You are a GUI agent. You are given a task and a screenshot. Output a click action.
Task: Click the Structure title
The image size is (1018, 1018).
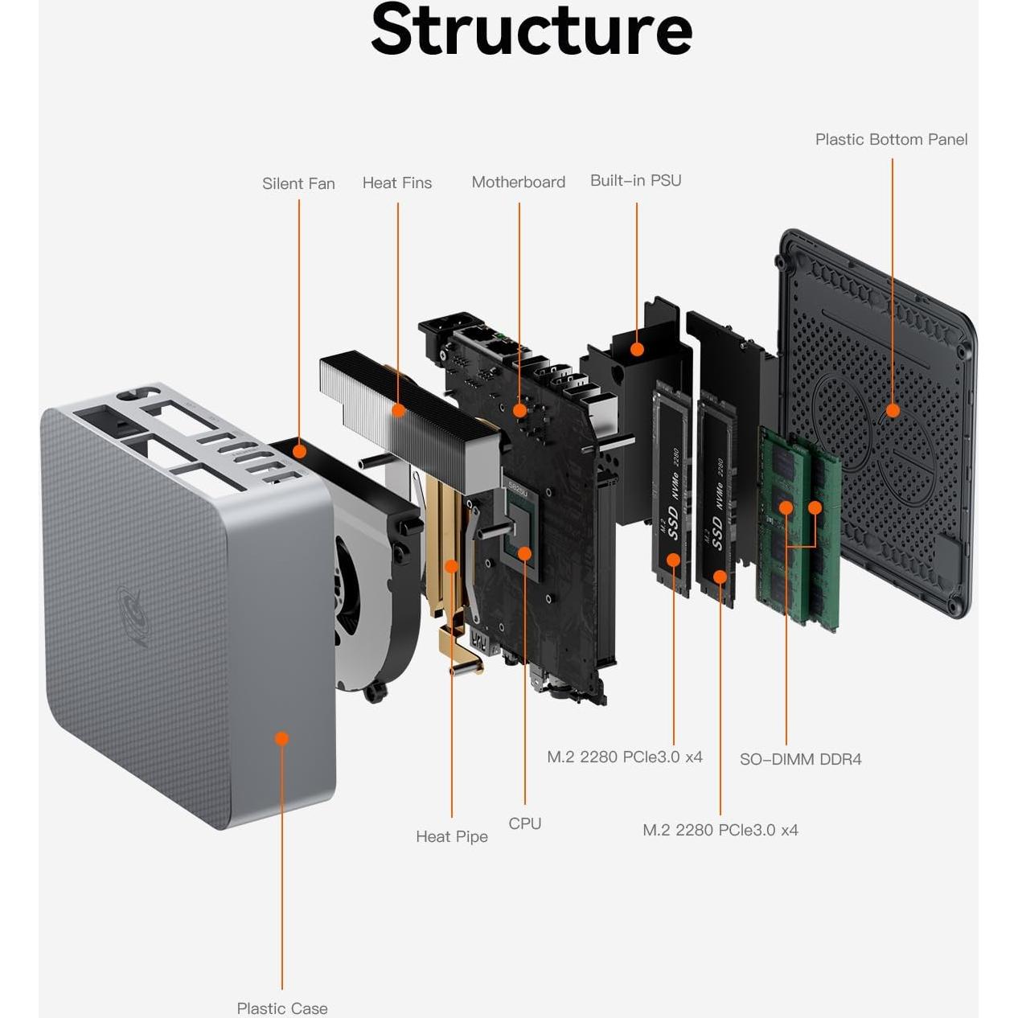point(531,31)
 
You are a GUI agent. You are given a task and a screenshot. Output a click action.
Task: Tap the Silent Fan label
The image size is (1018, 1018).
point(298,183)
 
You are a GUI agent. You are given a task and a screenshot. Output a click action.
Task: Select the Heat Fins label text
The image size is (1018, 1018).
point(396,183)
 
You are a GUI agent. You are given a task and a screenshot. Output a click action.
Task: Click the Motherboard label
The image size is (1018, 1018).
point(518,182)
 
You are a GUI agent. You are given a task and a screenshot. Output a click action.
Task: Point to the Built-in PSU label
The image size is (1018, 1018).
point(635,180)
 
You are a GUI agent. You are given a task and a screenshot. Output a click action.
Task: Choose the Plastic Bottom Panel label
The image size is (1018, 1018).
point(891,139)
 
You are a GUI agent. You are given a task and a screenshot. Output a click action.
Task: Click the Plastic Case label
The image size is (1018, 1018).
point(281,1008)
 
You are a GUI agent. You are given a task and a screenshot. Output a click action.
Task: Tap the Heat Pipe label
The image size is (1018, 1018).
point(451,836)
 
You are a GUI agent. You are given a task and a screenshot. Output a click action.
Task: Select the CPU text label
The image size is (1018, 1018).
point(524,823)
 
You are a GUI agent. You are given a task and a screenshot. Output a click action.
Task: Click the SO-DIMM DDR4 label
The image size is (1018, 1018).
point(800,759)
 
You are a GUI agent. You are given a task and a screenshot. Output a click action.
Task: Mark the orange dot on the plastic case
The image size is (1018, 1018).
point(281,738)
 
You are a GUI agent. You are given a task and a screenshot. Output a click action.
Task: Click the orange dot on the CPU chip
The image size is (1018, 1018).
point(524,553)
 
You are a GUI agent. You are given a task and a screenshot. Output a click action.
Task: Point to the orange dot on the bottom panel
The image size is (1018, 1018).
point(892,411)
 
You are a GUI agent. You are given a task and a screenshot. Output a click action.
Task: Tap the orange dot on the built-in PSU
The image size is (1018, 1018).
point(637,349)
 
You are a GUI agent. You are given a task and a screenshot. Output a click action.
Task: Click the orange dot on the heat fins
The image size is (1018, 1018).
point(398,410)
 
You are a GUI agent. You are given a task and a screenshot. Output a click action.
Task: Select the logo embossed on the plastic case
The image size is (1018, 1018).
point(132,615)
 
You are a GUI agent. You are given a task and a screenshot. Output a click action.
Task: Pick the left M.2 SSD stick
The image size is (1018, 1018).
point(672,491)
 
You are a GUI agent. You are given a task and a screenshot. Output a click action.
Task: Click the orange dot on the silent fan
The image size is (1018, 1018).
point(299,451)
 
